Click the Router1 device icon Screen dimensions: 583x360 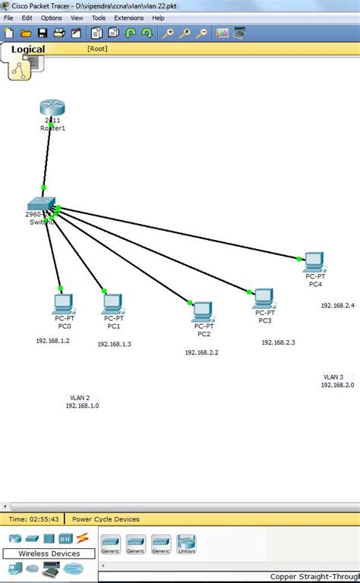52,109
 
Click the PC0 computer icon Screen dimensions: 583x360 63,304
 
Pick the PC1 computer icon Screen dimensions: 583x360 113,304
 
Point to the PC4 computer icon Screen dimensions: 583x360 314,262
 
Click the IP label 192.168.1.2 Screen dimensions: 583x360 52,341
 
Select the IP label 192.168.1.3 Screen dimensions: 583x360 114,344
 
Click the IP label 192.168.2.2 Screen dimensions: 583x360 201,352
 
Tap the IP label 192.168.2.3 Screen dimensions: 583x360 278,342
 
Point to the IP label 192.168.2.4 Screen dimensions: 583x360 337,305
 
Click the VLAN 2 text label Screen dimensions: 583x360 80,397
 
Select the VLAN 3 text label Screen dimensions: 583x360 333,377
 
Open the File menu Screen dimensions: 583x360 8,17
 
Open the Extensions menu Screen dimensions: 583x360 128,17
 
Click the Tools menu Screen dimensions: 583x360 99,17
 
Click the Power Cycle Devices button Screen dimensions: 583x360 106,519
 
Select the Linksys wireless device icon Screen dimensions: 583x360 187,543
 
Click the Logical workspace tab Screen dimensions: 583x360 27,49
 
